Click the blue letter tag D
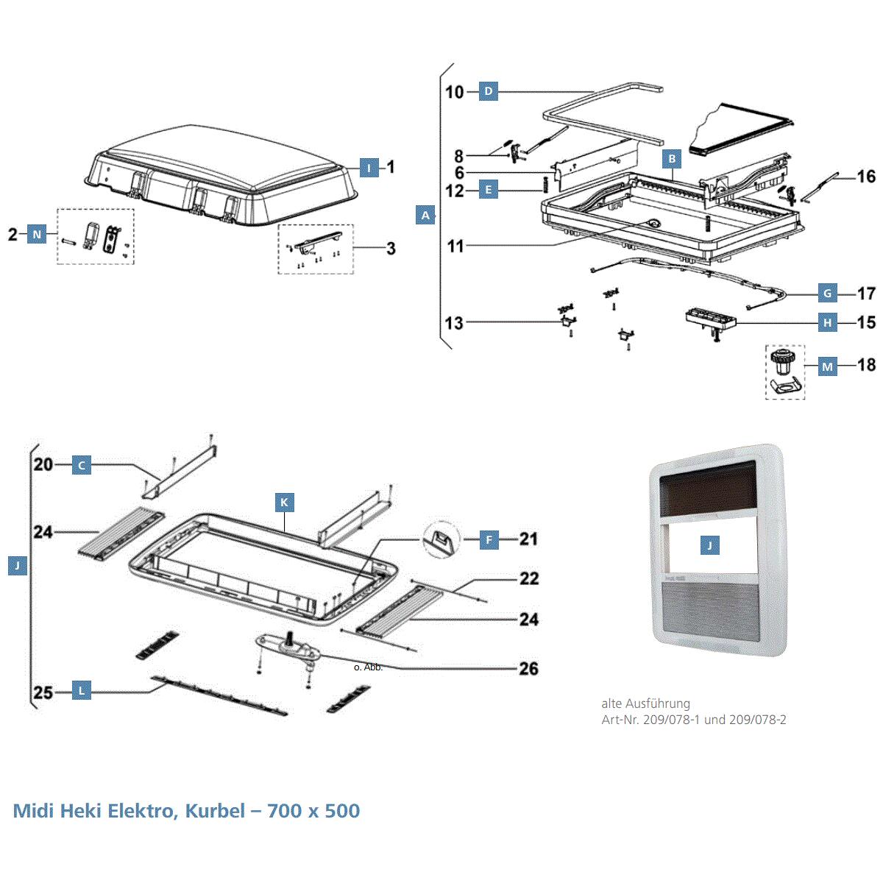tap(488, 92)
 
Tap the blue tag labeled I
tap(369, 168)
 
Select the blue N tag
tap(37, 235)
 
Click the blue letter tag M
tap(828, 366)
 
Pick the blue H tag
tap(828, 322)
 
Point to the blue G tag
tap(828, 294)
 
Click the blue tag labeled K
tap(284, 503)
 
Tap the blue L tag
tap(82, 691)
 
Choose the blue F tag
tap(489, 539)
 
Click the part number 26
tap(528, 669)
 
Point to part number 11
tap(455, 246)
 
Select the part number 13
tap(454, 322)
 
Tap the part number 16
tap(866, 177)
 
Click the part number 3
tap(391, 249)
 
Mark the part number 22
tap(528, 579)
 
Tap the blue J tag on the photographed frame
tap(709, 545)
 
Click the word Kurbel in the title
tap(215, 811)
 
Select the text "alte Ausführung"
tap(645, 703)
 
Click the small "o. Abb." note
tap(368, 667)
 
